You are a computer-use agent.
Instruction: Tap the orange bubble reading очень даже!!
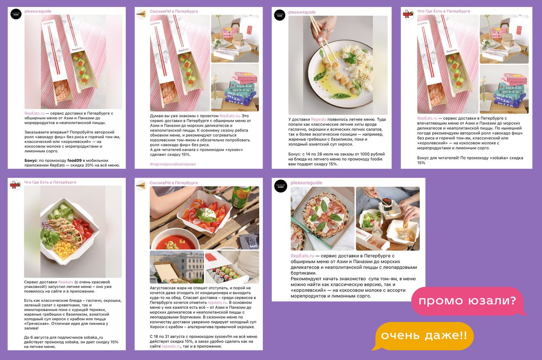(x=423, y=336)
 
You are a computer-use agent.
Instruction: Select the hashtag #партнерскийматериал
(x=173, y=164)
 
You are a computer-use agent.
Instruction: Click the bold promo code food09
(x=74, y=161)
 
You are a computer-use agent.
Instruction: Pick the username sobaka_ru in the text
(x=93, y=337)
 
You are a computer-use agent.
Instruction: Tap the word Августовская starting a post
(x=163, y=288)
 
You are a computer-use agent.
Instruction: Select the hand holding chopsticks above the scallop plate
(x=323, y=29)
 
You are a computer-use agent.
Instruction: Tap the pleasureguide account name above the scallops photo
(x=302, y=12)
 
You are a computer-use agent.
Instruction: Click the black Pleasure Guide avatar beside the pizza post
(x=280, y=186)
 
